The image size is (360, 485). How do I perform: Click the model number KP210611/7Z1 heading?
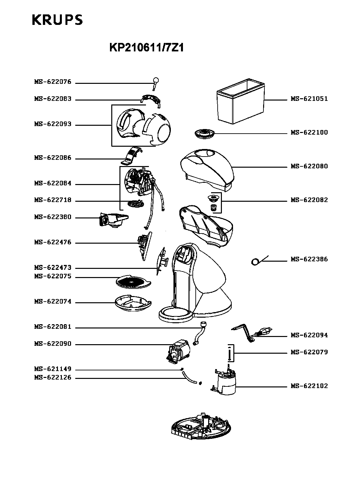point(147,48)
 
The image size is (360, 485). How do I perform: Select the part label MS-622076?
point(53,82)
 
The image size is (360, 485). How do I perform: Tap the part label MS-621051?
point(309,99)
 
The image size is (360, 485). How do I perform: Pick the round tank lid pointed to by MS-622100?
point(204,133)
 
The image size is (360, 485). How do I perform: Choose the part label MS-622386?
point(309,259)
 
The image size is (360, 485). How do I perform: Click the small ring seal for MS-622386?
point(255,262)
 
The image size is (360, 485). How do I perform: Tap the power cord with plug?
point(252,333)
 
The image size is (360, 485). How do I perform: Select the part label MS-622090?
point(53,344)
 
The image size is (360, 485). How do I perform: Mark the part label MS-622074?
point(53,302)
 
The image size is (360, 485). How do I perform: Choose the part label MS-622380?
point(53,217)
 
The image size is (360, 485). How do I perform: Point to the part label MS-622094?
point(309,335)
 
